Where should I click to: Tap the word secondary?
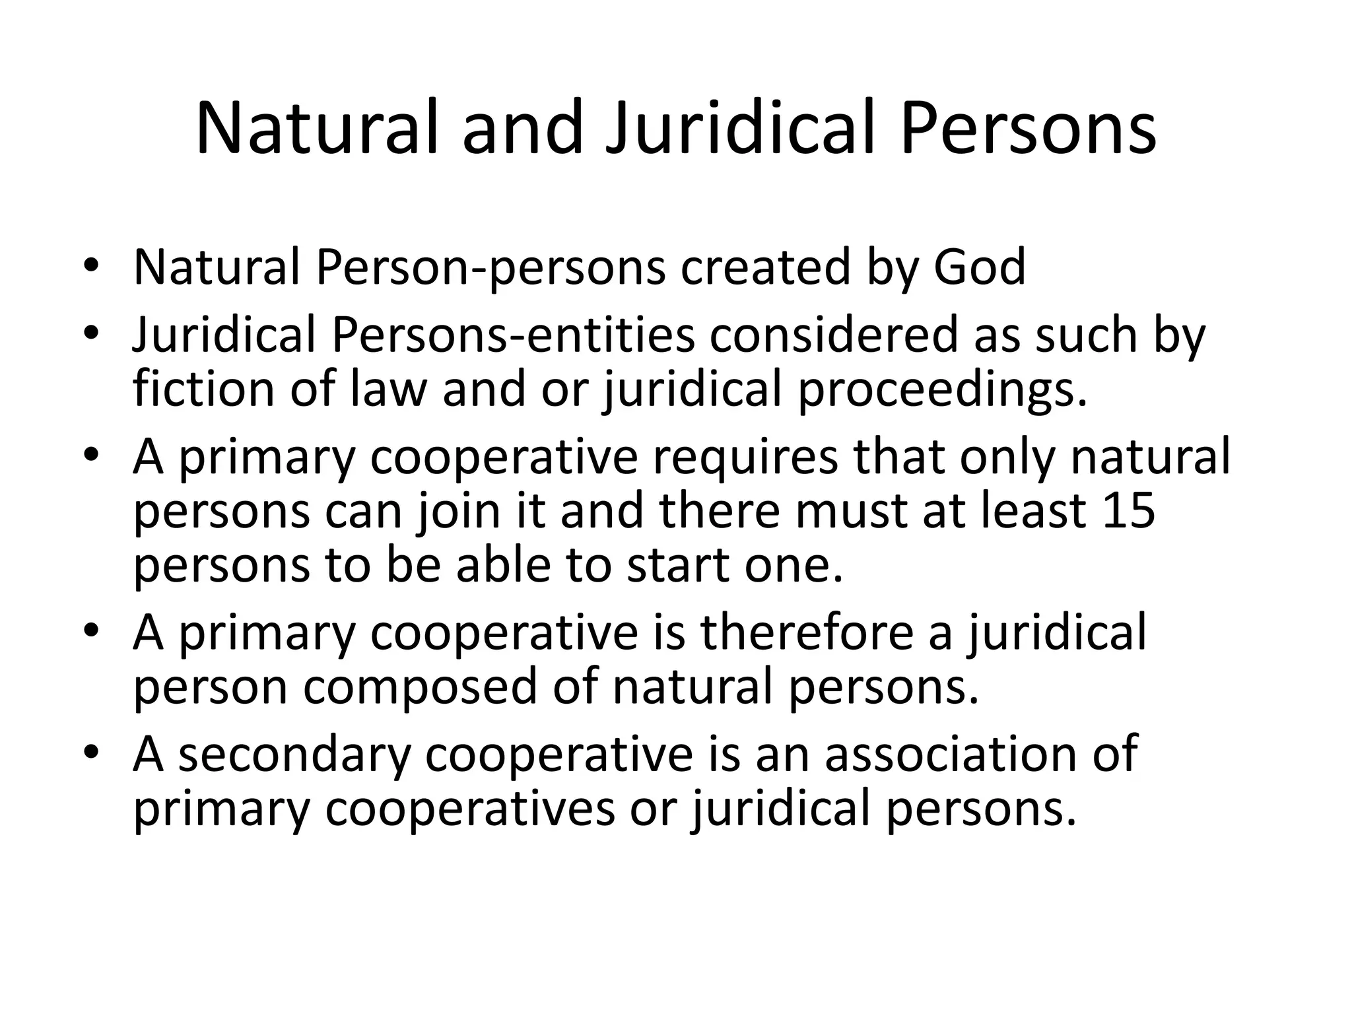coord(294,754)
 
